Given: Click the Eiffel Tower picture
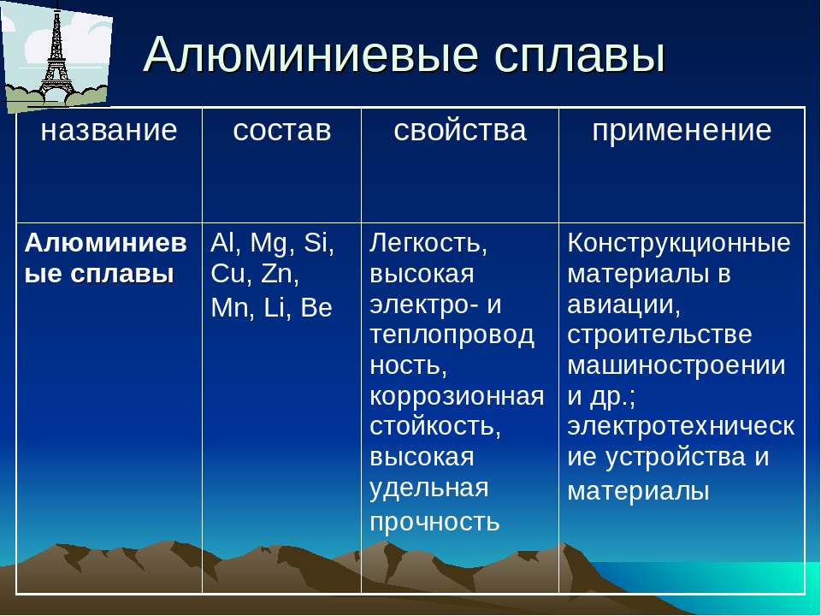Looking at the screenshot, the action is (56, 56).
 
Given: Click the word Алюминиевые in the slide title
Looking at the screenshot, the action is (311, 55).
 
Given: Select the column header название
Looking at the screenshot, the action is (109, 130).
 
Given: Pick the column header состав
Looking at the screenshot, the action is (281, 130).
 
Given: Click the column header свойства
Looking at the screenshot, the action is (460, 130).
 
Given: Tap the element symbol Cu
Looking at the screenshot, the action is (227, 274).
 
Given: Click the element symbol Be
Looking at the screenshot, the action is (316, 308).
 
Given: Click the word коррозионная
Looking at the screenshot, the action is (457, 396).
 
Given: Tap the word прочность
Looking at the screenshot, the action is (434, 522).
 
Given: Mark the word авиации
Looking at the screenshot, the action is (623, 305).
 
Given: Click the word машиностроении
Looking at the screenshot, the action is (676, 365).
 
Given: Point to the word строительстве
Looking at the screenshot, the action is (659, 335).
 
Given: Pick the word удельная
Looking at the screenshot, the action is (428, 489).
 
